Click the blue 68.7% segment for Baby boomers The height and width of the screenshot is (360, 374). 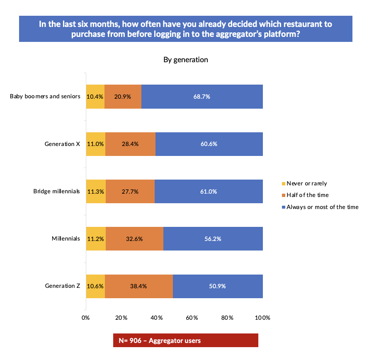(x=202, y=97)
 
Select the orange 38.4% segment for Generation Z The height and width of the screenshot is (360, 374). (x=138, y=286)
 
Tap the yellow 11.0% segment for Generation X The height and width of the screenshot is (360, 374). (x=95, y=144)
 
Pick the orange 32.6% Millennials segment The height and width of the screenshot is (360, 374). (x=134, y=239)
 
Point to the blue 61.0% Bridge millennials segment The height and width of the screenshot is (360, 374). (x=209, y=192)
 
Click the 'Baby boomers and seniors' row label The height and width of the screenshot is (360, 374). (x=45, y=97)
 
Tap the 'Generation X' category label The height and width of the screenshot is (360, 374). (x=62, y=144)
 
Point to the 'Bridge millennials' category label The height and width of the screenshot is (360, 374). (x=56, y=192)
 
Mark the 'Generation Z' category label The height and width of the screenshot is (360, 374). (x=62, y=286)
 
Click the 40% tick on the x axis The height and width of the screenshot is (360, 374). (x=156, y=318)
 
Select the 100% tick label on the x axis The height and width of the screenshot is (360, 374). (x=262, y=318)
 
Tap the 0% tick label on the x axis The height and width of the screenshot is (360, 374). (x=85, y=318)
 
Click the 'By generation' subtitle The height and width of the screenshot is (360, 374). (x=185, y=60)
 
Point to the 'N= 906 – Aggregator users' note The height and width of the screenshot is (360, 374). (x=160, y=341)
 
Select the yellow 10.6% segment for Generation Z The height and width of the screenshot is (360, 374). (x=95, y=286)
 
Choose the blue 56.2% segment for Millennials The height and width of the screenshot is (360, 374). (x=213, y=239)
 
